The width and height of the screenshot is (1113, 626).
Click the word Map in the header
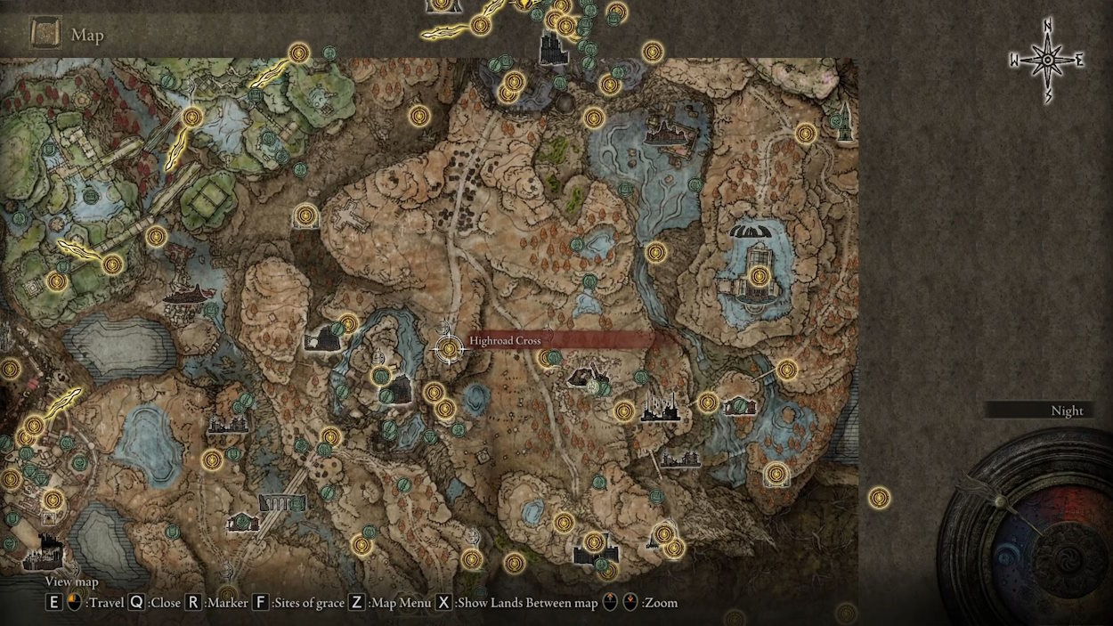pos(87,36)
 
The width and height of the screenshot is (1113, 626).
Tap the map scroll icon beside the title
pos(45,34)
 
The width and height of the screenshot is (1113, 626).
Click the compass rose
pos(1048,61)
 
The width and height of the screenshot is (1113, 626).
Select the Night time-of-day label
pos(1067,411)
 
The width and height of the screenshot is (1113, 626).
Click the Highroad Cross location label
pos(505,340)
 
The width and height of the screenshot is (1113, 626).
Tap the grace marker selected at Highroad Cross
pos(450,349)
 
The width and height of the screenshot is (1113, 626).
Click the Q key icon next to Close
pos(136,603)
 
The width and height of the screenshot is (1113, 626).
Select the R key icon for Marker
pos(193,603)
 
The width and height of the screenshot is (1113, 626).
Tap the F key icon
pos(261,603)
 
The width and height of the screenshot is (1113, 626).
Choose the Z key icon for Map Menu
pos(356,603)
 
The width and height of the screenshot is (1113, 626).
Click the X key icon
pos(443,603)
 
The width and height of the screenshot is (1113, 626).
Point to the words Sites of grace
pos(308,603)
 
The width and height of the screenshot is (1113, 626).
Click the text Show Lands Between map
pos(526,603)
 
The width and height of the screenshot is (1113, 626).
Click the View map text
pos(71,582)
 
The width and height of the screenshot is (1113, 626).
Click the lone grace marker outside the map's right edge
pos(879,498)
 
